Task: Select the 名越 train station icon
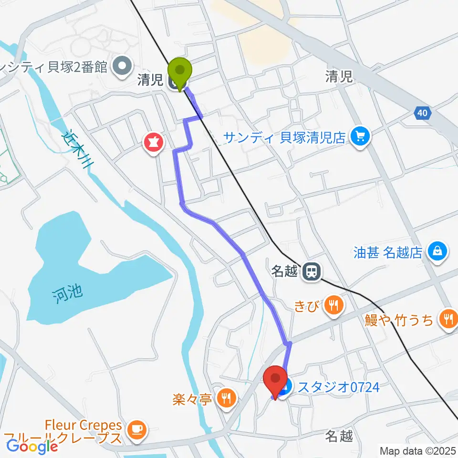coord(312,271)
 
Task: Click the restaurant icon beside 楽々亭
coord(227,397)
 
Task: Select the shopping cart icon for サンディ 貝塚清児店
coord(360,137)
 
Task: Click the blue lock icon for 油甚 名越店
coord(437,251)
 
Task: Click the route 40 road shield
coord(421,113)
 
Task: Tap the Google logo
coord(32,447)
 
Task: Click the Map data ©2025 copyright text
coord(418,450)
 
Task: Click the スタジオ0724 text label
coord(339,387)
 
